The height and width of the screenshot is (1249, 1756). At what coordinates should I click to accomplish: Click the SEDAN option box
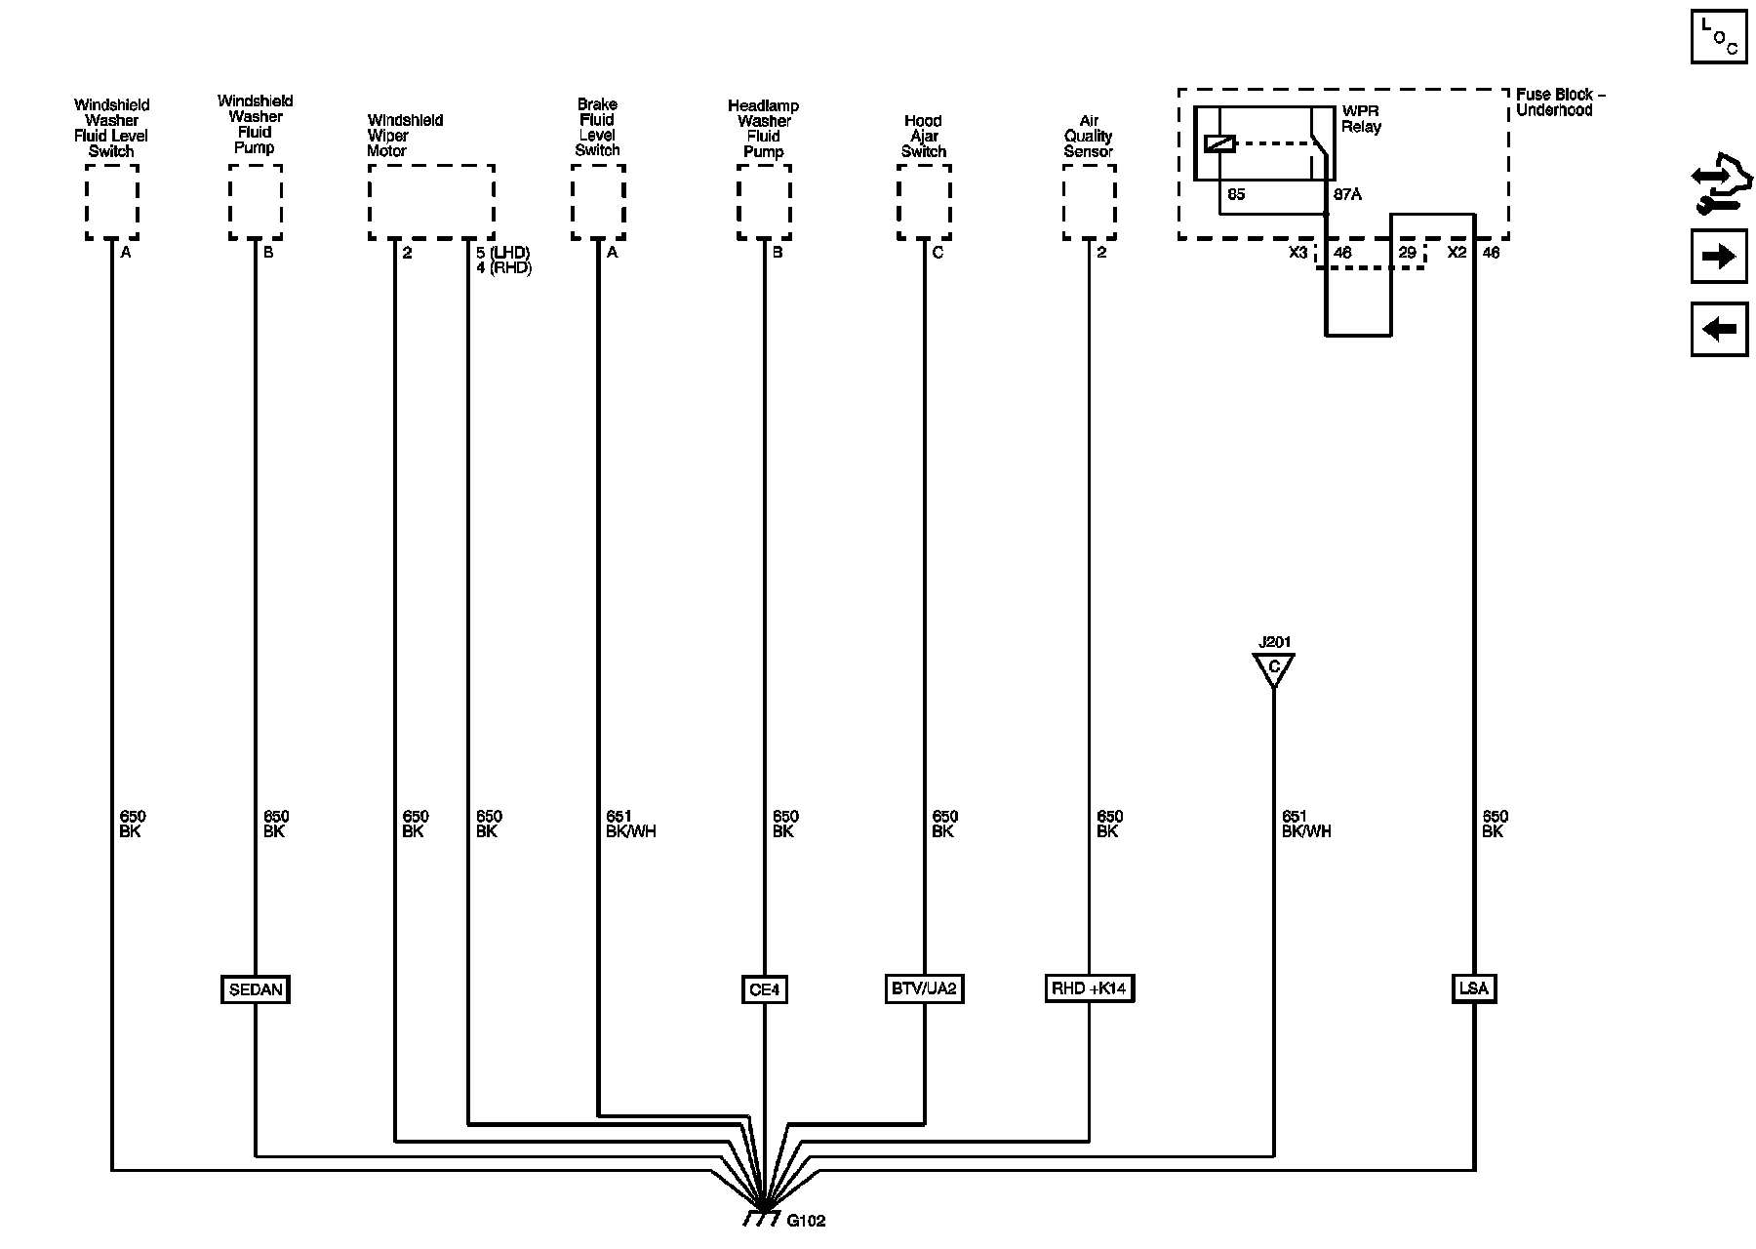(256, 989)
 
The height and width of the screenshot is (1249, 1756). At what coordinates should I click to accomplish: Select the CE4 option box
(764, 989)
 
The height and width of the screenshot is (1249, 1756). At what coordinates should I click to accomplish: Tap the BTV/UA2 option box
(923, 989)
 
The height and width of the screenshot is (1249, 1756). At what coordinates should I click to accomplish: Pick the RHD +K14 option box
(1088, 988)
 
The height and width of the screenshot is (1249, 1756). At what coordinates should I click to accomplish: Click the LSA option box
(1473, 988)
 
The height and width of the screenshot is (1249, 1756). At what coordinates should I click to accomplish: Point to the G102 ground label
(806, 1221)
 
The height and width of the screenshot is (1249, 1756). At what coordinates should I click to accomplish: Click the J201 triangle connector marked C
(1273, 669)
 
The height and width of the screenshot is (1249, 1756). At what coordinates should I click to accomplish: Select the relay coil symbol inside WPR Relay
(1219, 143)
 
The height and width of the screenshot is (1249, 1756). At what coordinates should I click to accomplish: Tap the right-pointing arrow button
(1718, 257)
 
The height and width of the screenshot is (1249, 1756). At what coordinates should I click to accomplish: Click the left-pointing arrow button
(1718, 329)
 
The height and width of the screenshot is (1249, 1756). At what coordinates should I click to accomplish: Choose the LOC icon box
(1718, 37)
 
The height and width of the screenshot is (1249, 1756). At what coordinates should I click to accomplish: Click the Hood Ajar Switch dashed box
(924, 202)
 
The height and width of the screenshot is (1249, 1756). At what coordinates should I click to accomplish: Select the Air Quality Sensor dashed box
(1089, 202)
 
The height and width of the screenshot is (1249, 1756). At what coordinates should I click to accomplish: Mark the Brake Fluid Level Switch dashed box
(598, 202)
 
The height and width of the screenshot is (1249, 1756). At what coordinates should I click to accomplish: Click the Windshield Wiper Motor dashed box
(431, 202)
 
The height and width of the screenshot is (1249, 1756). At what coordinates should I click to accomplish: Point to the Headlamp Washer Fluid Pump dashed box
(764, 202)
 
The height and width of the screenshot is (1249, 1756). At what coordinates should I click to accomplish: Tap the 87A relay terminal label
(1347, 194)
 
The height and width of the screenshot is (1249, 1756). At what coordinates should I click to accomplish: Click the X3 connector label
(1297, 253)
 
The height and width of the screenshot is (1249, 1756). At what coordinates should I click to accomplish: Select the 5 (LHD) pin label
(502, 253)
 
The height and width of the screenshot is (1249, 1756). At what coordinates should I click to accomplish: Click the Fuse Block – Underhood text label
(1560, 102)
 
